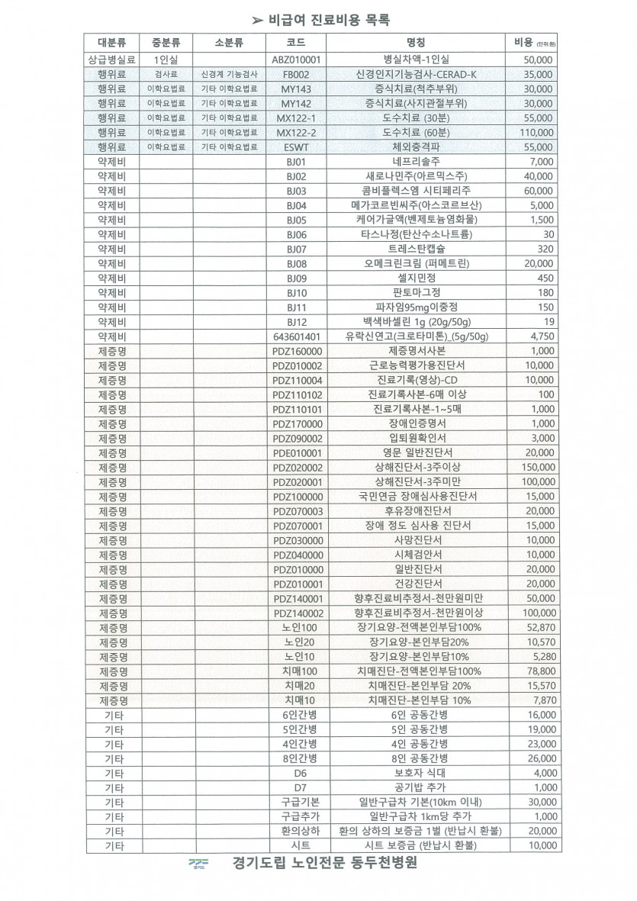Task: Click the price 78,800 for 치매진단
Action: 537,671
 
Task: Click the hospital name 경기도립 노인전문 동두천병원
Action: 326,864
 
